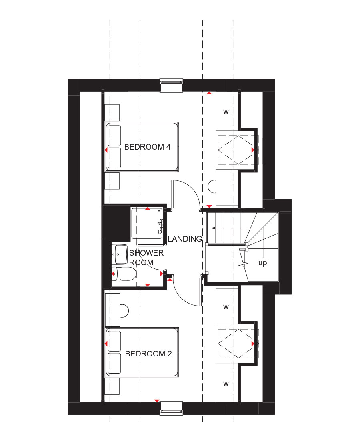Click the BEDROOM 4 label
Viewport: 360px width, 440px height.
pos(147,147)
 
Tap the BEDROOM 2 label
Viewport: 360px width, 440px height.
pos(148,354)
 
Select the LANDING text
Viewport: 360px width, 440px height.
pos(185,239)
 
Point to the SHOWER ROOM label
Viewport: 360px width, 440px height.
pos(146,258)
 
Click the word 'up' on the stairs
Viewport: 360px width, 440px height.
pos(262,263)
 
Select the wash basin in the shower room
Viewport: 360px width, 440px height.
pos(121,254)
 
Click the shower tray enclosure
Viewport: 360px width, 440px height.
pos(147,223)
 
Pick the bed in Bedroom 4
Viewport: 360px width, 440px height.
pos(142,147)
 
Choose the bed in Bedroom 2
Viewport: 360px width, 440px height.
pos(142,352)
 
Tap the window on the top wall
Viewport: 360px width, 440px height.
pos(172,85)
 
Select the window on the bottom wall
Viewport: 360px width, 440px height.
pos(172,408)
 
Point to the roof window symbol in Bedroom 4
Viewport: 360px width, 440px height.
pos(238,150)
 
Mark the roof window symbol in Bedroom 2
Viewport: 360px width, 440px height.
pos(238,344)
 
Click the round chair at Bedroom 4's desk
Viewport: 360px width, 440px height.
pos(212,186)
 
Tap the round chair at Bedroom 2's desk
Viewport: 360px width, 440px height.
pos(124,311)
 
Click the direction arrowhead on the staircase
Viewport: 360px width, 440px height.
pos(213,228)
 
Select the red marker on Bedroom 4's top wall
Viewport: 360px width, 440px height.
pos(209,93)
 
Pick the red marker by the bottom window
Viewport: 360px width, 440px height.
pos(157,401)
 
